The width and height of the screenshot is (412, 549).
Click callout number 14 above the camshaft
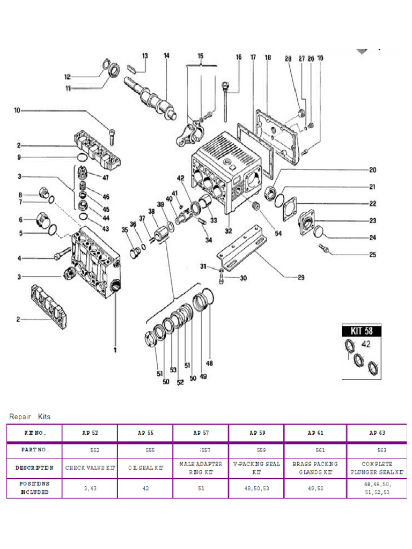point(167,56)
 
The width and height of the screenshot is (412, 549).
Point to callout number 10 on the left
point(17,111)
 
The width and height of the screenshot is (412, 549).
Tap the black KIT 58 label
point(362,331)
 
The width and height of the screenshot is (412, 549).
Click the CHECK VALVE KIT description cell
point(90,468)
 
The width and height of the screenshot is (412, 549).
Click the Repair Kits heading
point(30,416)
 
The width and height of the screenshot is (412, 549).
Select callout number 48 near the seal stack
point(210,363)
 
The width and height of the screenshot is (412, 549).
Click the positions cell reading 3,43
point(90,488)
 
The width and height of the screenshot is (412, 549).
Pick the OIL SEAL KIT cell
point(146,468)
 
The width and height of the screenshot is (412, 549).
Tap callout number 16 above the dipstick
point(239,57)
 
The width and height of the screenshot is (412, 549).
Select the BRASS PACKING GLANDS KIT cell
point(315,468)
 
